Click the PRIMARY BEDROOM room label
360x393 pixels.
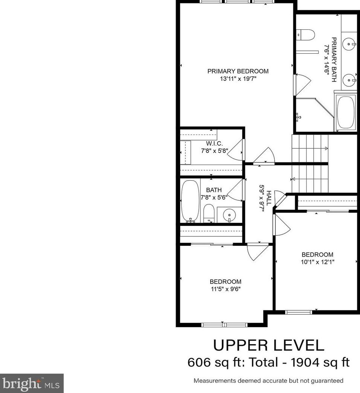pos(238,71)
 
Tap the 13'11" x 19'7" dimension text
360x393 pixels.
pos(238,79)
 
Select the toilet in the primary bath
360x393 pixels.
pos(305,35)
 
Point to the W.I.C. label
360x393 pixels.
pos(214,144)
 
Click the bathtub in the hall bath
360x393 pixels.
pos(190,201)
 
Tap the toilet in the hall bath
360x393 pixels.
pos(209,213)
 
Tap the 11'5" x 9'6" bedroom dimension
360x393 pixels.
pos(225,289)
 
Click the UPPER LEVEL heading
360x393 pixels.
pos(269,345)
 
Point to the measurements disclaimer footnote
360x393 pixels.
pos(268,381)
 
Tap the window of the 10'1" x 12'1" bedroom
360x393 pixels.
pos(298,311)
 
